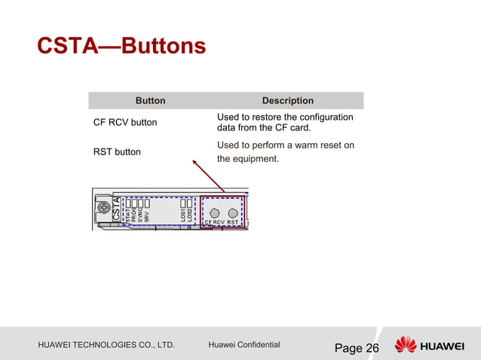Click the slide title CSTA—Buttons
point(121,47)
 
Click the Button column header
point(150,100)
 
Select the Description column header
point(287,100)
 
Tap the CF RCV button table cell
point(124,122)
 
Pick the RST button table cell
point(117,151)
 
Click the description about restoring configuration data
point(284,122)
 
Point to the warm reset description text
point(285,151)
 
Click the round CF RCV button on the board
point(215,212)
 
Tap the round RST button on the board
point(232,212)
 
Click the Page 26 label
point(357,348)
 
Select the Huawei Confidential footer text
point(244,345)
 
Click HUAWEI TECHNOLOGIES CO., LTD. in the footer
point(106,345)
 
